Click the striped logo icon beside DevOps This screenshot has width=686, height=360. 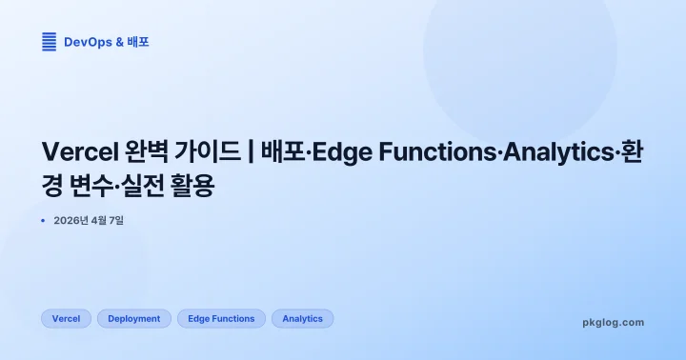tap(50, 42)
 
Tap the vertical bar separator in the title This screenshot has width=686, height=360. tap(251, 153)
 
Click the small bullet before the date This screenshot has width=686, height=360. tap(44, 220)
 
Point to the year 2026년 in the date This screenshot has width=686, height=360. tap(72, 221)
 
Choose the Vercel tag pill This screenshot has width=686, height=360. tap(66, 319)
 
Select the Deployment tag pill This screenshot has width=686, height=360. tap(134, 319)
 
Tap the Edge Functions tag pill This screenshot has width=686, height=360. tap(221, 319)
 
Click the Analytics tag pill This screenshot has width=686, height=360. tap(303, 319)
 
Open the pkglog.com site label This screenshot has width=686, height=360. tap(613, 323)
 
